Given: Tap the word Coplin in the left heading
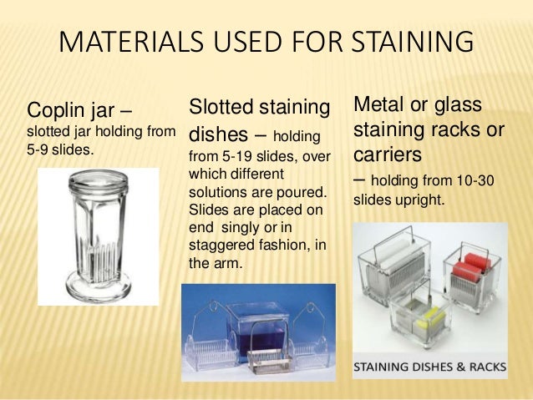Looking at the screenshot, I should (57, 110).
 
